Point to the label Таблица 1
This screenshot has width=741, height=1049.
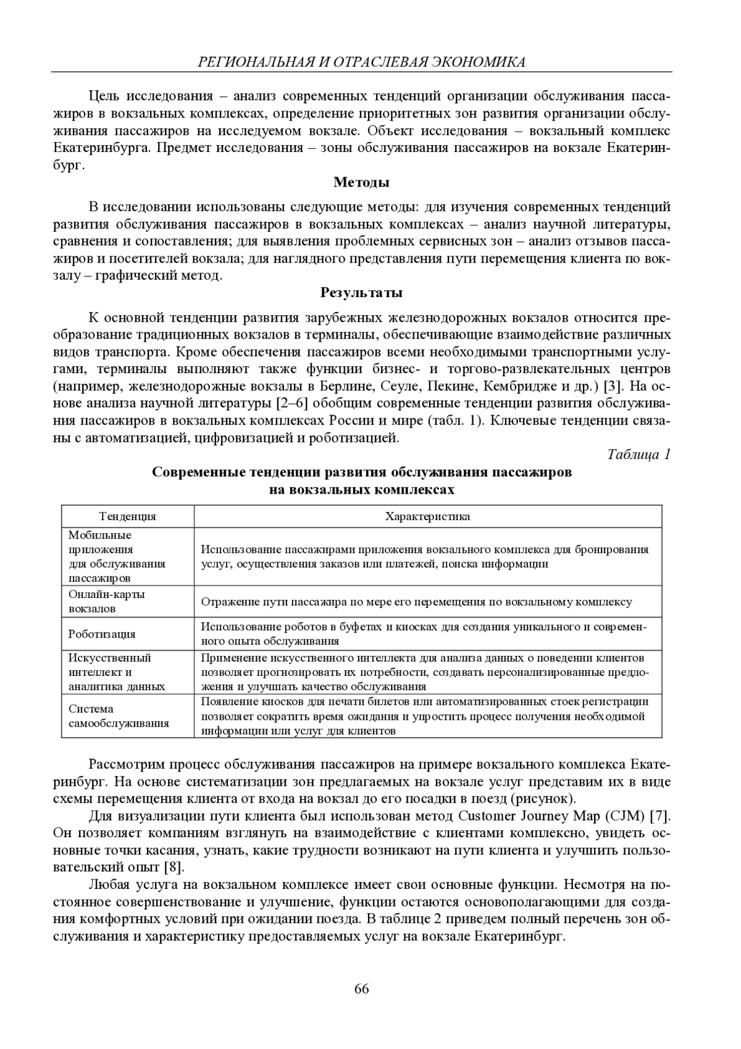coord(638,455)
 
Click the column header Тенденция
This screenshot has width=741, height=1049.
coord(128,516)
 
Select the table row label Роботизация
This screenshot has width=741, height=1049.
coord(102,634)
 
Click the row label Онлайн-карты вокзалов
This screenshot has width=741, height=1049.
coord(106,601)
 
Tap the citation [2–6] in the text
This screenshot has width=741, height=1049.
coord(290,404)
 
